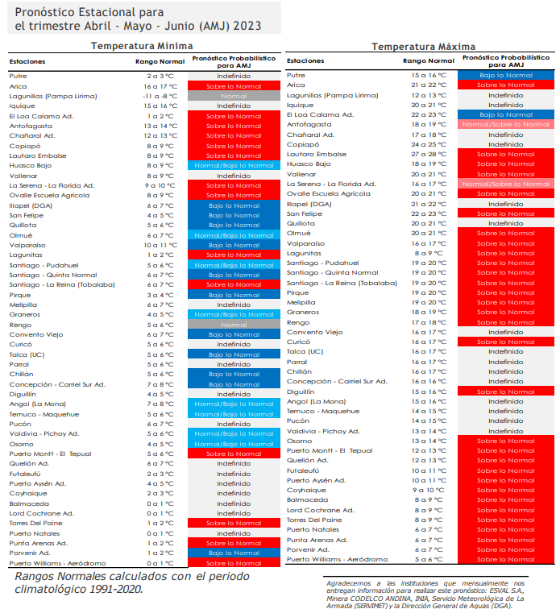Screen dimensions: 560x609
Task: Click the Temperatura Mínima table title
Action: point(142,46)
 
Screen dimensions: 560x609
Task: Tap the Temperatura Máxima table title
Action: point(423,47)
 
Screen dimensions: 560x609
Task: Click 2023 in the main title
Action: point(247,26)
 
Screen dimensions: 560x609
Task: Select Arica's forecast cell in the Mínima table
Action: point(234,86)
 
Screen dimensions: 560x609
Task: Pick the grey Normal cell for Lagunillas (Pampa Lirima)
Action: point(234,96)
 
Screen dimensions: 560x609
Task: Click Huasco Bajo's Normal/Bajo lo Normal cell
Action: point(234,165)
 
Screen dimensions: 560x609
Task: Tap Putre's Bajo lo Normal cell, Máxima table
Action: point(506,76)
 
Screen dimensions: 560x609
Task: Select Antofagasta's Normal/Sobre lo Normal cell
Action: point(506,124)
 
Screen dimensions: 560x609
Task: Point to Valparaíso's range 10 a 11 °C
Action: point(160,245)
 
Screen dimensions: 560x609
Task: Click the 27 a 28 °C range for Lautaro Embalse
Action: point(429,154)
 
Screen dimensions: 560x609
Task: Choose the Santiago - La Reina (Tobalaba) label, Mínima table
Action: point(62,284)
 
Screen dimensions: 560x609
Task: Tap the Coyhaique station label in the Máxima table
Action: point(306,490)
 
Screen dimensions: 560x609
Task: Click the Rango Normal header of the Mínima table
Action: point(160,61)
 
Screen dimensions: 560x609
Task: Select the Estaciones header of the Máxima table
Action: point(305,60)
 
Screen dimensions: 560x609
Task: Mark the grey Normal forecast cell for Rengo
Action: point(234,325)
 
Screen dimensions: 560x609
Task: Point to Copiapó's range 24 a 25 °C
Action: point(429,144)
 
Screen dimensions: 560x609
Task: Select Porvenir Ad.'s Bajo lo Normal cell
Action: point(234,553)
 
